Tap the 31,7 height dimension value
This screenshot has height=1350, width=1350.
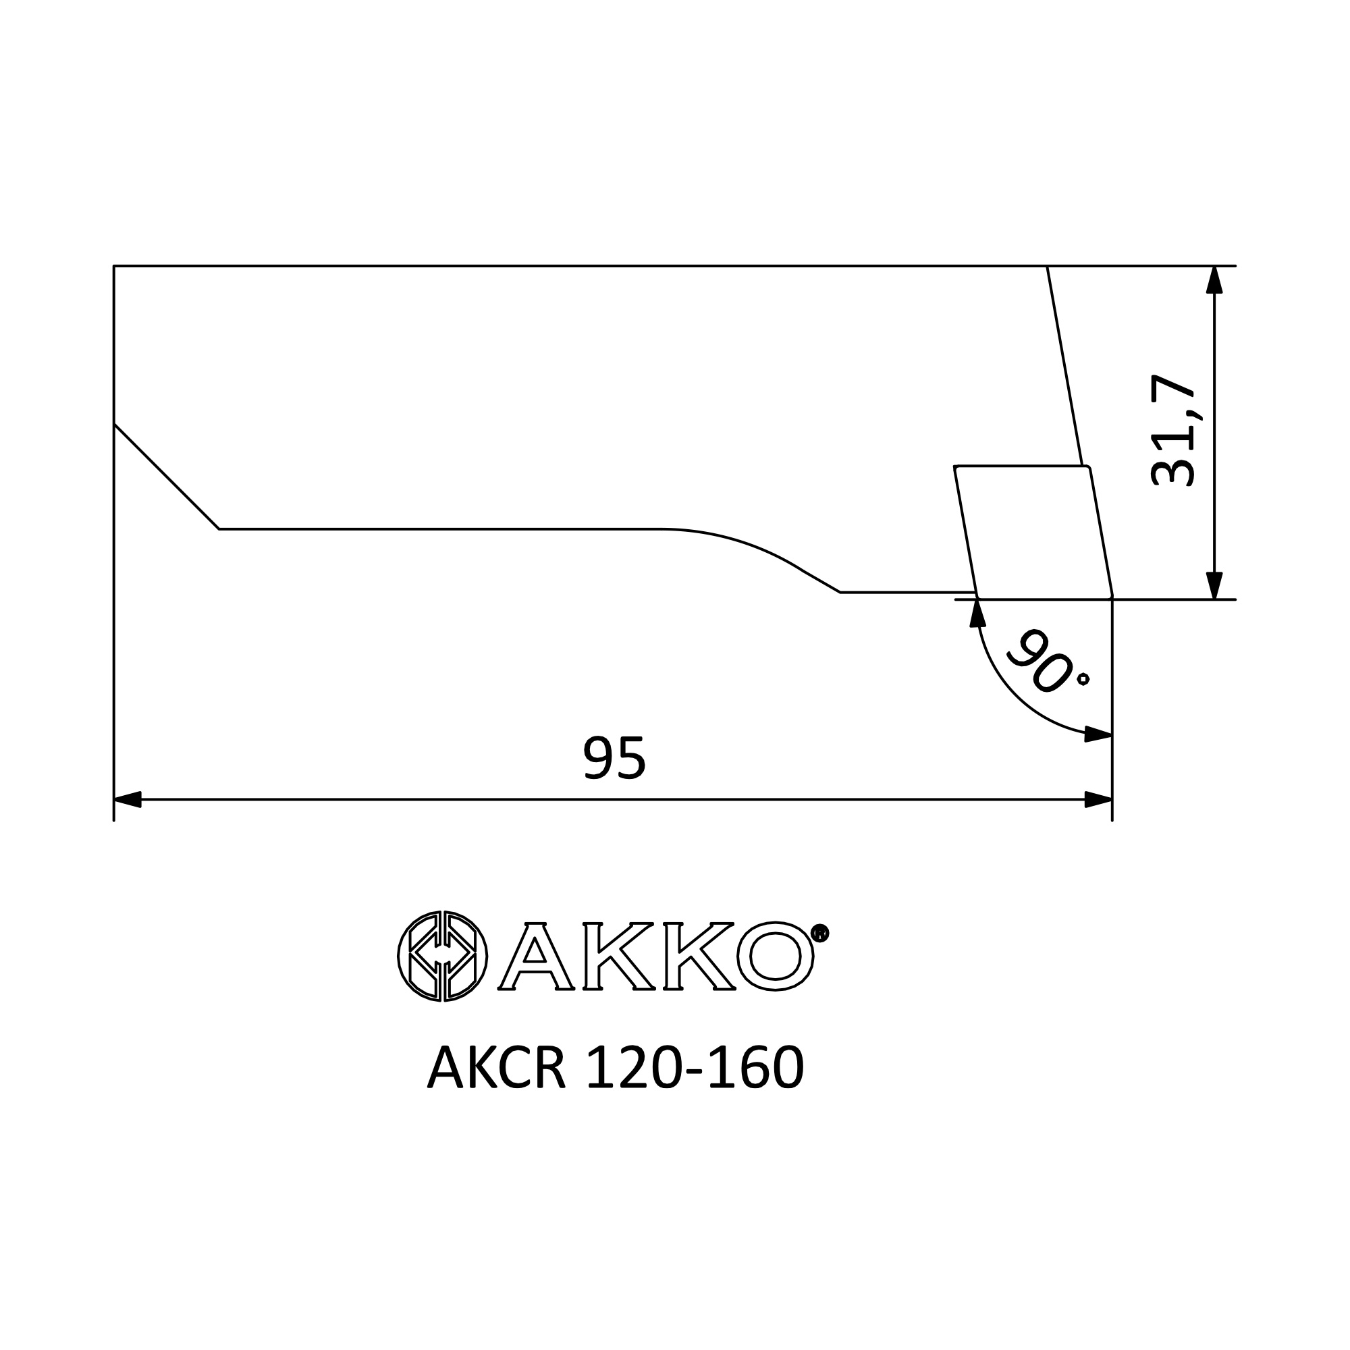[x=1173, y=431]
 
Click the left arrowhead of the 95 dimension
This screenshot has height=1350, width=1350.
[x=128, y=799]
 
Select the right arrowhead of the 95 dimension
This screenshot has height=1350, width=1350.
[x=1098, y=799]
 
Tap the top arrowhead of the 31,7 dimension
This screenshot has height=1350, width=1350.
[x=1214, y=279]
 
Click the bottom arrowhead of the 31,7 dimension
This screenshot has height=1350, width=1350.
[x=1214, y=585]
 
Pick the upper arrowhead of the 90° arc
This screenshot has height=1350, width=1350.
[x=977, y=613]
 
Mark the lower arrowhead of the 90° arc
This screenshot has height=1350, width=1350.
[x=1098, y=734]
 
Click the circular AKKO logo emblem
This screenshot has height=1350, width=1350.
[x=442, y=956]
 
